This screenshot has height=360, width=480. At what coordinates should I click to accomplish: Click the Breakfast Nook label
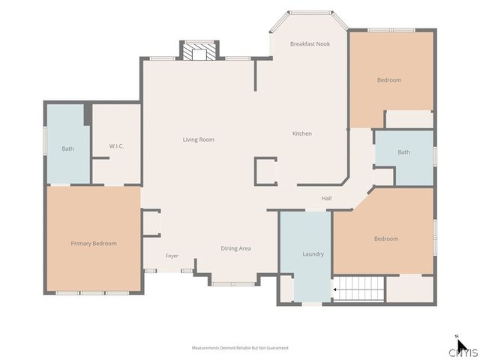click(310, 43)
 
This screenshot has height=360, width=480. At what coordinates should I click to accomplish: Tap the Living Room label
click(198, 139)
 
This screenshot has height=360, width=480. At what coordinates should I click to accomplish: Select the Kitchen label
click(302, 133)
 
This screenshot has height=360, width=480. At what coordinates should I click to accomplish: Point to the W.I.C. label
click(117, 146)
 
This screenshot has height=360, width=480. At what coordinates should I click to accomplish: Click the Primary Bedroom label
click(94, 243)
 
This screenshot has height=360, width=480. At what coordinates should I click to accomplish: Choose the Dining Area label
click(235, 248)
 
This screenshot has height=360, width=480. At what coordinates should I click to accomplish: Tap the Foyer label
click(172, 256)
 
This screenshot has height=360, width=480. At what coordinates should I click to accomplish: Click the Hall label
click(327, 198)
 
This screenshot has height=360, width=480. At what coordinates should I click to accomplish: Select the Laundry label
click(313, 254)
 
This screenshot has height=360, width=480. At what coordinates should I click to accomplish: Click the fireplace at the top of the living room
click(199, 51)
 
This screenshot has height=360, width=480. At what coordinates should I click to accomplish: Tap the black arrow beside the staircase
click(335, 289)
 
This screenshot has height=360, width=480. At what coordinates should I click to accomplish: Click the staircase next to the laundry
click(358, 289)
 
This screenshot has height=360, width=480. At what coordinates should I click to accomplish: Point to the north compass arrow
click(462, 345)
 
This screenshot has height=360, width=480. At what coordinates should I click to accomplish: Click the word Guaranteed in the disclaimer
click(277, 348)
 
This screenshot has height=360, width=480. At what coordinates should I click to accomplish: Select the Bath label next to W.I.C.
click(67, 148)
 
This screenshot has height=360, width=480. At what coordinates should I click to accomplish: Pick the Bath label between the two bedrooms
click(403, 152)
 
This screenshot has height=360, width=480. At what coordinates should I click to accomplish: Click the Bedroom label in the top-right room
click(389, 80)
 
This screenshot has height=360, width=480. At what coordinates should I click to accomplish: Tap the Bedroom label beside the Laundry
click(386, 238)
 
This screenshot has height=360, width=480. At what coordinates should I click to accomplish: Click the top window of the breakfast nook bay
click(310, 13)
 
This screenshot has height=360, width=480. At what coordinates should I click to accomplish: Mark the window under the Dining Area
click(233, 284)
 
